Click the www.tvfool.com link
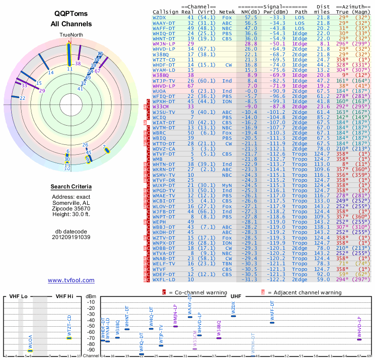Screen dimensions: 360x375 point(71,280)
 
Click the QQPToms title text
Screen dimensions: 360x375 point(71,14)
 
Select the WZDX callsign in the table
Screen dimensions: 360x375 point(160,17)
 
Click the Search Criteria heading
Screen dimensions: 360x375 point(71,187)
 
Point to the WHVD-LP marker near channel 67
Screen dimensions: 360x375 point(359,339)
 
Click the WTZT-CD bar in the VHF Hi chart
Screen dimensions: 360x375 point(69,338)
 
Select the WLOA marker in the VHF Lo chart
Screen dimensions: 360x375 point(30,351)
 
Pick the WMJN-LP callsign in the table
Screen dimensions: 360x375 point(164,43)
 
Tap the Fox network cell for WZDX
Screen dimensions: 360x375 point(227,17)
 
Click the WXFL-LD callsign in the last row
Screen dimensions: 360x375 point(164,280)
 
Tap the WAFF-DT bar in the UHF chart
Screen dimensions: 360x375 point(272,322)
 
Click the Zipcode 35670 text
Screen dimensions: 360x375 point(71,209)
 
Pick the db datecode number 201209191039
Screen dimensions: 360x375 point(71,237)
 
